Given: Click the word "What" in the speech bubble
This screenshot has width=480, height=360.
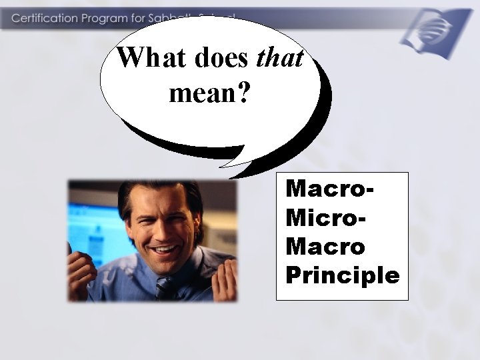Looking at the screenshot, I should tap(153, 59).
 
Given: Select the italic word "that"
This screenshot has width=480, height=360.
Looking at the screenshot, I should tap(280, 59).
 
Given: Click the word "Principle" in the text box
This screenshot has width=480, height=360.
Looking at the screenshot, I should tap(342, 275).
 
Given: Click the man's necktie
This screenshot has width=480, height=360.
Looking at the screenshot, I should tap(163, 287).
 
